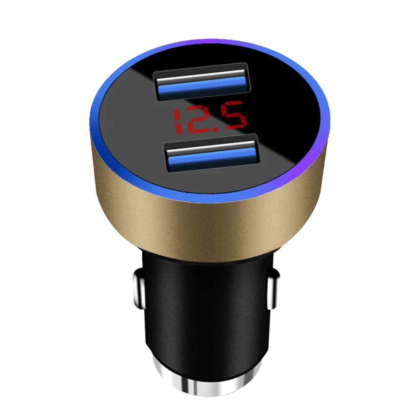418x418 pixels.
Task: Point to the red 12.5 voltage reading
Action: click(x=209, y=119)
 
